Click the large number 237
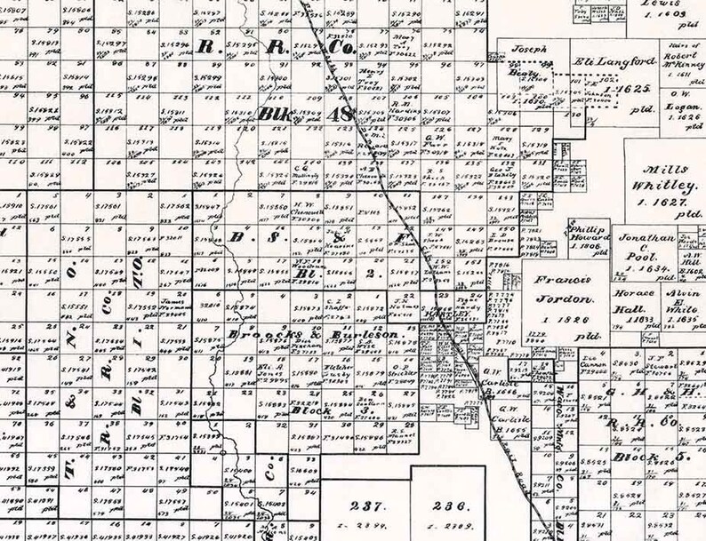click(365, 506)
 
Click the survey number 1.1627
click(665, 201)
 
